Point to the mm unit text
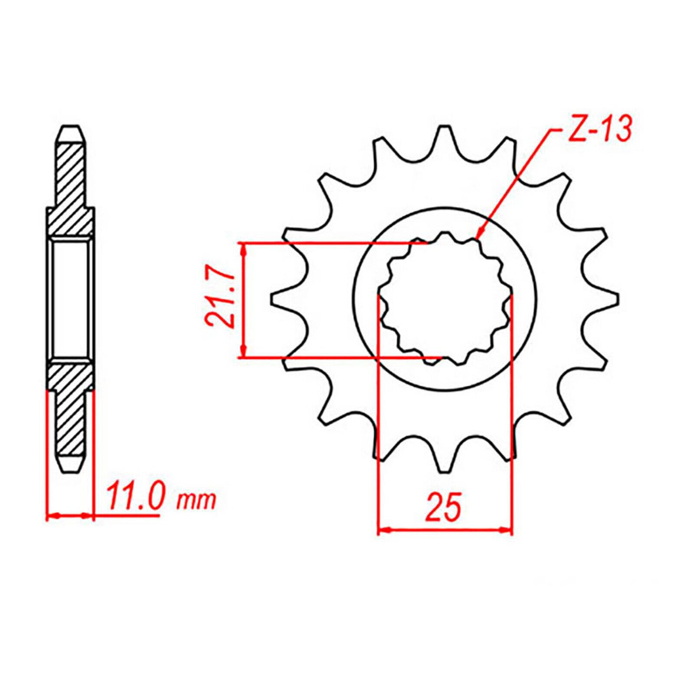click(x=196, y=501)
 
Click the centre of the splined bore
click(x=445, y=299)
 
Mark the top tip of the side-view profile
click(x=70, y=130)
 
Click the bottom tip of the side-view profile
click(x=70, y=468)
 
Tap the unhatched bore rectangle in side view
click(x=70, y=299)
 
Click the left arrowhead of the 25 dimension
click(x=384, y=530)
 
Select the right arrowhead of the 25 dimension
click(x=506, y=530)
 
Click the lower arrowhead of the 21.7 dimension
click(x=245, y=352)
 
